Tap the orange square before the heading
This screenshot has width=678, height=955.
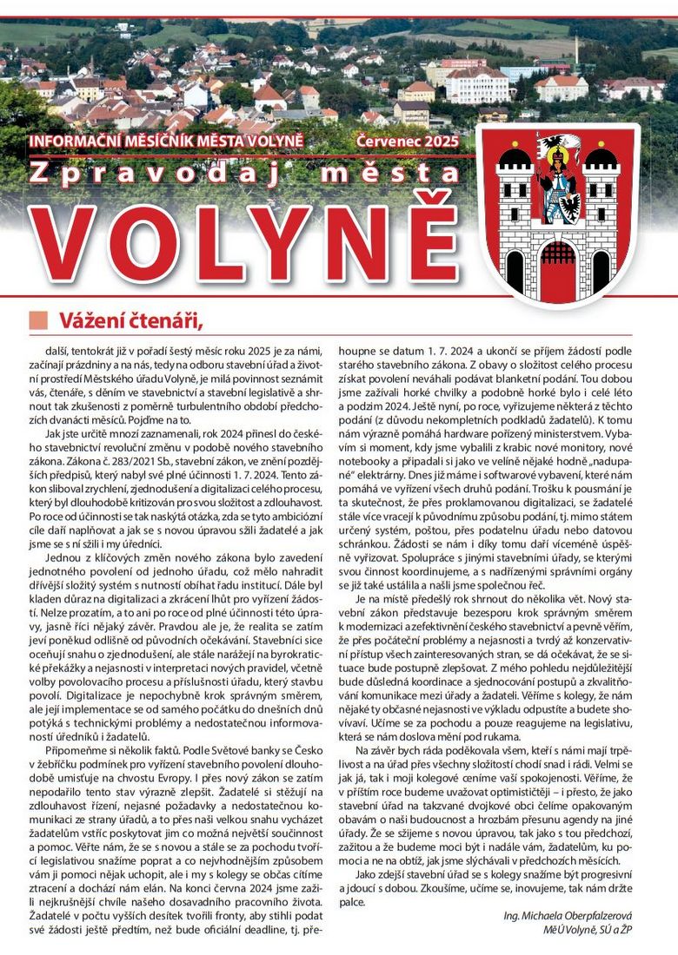[37, 320]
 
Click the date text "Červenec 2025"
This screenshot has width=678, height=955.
[408, 140]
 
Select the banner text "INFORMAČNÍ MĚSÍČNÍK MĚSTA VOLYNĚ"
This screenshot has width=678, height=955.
[177, 141]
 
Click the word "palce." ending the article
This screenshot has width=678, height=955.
[352, 902]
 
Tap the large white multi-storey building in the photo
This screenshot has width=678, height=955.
[476, 83]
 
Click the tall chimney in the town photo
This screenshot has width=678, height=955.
[575, 52]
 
